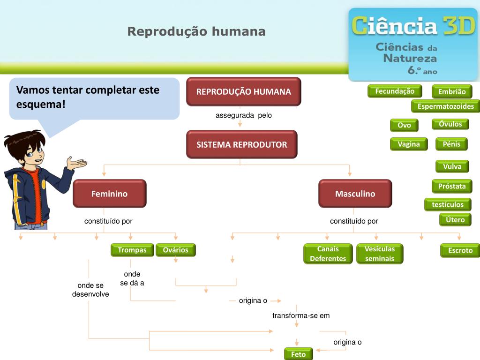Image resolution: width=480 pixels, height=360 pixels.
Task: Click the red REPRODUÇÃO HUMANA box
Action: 243,91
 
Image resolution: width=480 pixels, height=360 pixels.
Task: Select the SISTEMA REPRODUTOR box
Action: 241,144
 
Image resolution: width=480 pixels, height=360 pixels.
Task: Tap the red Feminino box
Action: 109,194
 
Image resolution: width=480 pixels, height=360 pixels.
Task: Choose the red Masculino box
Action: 355,194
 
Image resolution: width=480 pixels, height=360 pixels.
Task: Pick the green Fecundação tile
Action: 395,91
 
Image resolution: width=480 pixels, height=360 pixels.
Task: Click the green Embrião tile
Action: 452,92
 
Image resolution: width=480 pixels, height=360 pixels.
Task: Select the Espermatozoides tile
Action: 445,106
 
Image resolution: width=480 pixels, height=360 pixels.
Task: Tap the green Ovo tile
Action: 404,125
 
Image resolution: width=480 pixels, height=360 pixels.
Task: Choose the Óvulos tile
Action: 450,124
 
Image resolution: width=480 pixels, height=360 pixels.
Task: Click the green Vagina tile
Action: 409,144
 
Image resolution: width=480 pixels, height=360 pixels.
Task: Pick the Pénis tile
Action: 451,144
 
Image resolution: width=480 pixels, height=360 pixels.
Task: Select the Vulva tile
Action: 452,166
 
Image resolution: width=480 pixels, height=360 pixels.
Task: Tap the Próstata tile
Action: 452,186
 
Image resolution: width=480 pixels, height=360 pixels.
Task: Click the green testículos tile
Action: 448,204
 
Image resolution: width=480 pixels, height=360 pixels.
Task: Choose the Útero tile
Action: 455,219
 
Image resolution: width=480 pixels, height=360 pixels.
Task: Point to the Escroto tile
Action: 460,250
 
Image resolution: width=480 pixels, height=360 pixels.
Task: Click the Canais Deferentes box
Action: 328,254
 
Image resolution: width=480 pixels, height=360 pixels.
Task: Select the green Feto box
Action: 298,354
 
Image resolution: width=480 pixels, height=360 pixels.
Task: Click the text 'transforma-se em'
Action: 301,315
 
